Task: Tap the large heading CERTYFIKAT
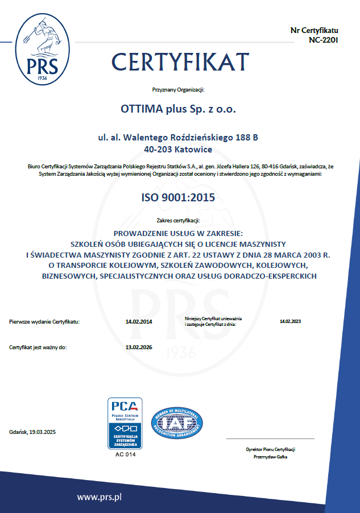[181, 61]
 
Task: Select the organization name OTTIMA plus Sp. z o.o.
[179, 108]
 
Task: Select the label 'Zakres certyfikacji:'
[178, 221]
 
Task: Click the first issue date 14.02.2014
[139, 322]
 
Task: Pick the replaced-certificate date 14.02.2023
[290, 321]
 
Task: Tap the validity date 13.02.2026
[139, 346]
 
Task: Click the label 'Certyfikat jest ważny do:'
[38, 346]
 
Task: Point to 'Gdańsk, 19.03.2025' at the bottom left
[33, 433]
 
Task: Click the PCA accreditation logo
[125, 423]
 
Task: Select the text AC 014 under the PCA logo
[125, 454]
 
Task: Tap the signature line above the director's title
[270, 438]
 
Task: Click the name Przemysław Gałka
[270, 457]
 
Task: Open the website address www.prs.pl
[100, 497]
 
